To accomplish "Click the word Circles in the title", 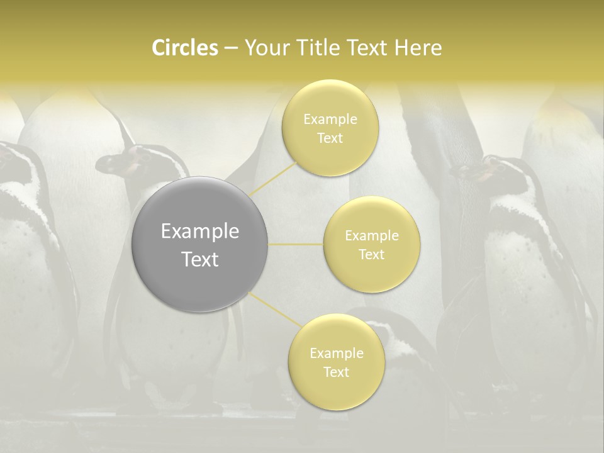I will point(184,48).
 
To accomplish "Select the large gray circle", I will point(199,244).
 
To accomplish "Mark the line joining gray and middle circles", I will point(296,244).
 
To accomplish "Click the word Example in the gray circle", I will point(199,231).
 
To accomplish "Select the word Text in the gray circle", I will point(199,259).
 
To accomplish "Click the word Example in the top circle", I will point(330,119).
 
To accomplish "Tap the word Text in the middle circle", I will point(371,254).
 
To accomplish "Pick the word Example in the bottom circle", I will point(336,353).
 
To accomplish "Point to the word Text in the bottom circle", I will point(336,372).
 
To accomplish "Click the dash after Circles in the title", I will point(230,48).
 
